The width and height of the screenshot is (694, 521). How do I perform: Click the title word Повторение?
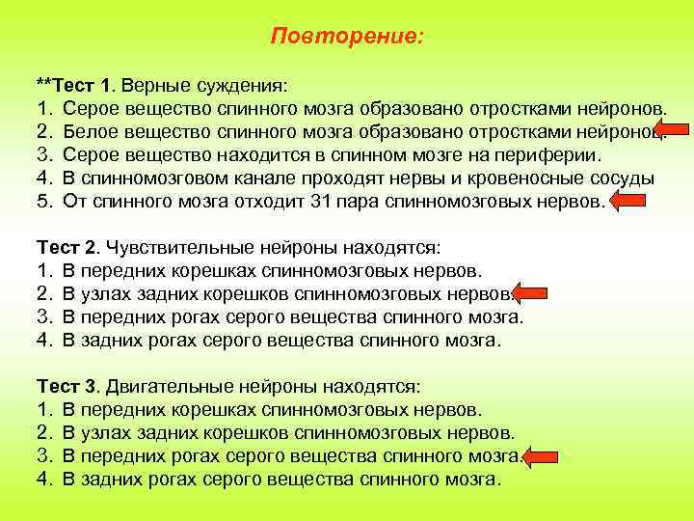[346, 36]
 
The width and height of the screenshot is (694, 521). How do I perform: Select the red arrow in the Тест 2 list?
[531, 293]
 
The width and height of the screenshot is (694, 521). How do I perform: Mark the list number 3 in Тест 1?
[42, 154]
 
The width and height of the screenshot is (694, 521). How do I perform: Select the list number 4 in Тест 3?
[42, 480]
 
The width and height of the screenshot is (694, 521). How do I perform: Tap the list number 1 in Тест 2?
[42, 270]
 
